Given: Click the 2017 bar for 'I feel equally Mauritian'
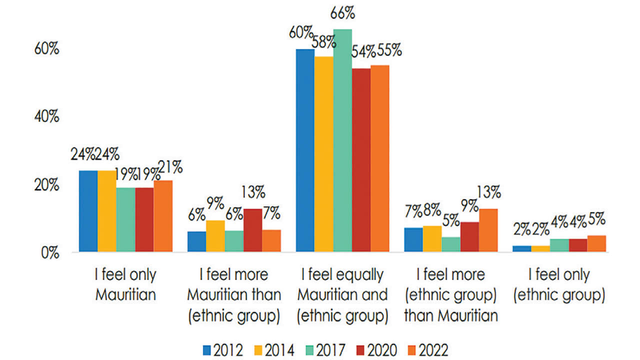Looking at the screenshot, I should (x=342, y=140).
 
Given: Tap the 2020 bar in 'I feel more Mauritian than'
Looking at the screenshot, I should (x=252, y=230).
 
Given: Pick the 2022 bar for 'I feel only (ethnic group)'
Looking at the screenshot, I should (x=596, y=243).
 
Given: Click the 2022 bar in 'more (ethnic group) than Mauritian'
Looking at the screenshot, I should (x=488, y=230).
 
